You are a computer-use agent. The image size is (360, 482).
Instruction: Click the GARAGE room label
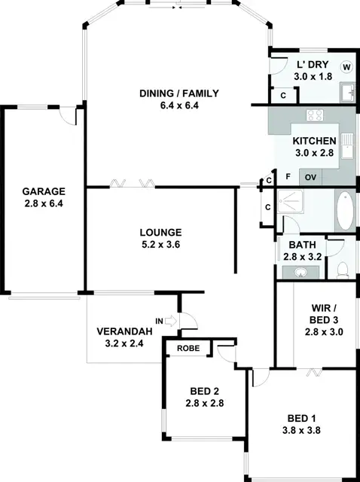click(x=43, y=191)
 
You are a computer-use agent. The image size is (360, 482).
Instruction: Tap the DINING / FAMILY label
click(x=179, y=94)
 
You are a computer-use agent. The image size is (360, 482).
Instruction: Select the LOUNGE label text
click(x=160, y=232)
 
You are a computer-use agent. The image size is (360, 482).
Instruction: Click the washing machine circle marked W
click(x=346, y=67)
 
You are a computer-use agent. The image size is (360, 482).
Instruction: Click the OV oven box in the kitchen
click(x=310, y=178)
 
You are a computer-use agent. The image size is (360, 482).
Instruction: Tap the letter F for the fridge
click(x=288, y=178)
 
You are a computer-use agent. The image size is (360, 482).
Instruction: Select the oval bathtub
click(x=344, y=212)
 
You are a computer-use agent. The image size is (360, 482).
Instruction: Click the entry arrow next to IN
click(x=170, y=322)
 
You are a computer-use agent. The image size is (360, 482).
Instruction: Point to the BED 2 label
click(x=205, y=392)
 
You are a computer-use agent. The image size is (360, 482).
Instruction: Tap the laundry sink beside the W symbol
click(x=346, y=91)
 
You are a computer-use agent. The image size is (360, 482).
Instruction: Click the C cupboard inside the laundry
click(x=282, y=96)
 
